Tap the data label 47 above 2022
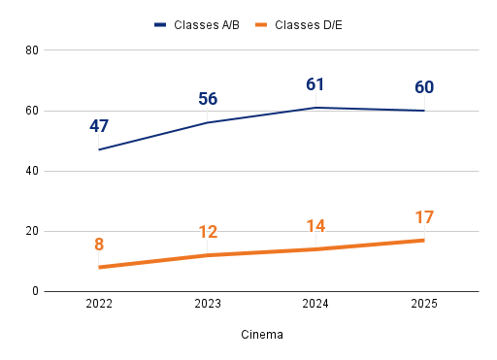point(99,126)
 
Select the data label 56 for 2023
point(208,99)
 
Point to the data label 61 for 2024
point(315,84)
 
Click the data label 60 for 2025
point(424,87)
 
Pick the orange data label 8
point(99,245)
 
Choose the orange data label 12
point(208,232)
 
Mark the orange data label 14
point(315,226)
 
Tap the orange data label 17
point(424,217)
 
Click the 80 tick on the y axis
point(32,50)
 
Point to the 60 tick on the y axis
point(32,111)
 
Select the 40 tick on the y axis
point(32,171)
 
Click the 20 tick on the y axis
point(32,231)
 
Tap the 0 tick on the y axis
point(35,291)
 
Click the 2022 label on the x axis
point(99,304)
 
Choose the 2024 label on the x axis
point(315,304)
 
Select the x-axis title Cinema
point(262,335)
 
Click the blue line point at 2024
point(315,108)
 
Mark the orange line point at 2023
point(208,255)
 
